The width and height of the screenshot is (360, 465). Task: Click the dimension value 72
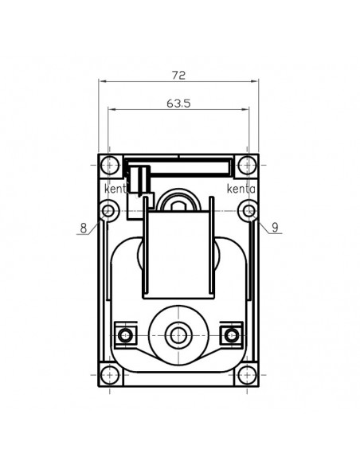pos(178,75)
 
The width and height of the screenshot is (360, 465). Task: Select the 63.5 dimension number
pos(178,103)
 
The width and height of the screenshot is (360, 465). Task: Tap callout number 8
pos(83,228)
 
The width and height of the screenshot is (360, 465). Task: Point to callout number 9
pos(275,228)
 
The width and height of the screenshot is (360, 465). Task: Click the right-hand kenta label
pos(241,190)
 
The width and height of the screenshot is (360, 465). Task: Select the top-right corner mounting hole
pos(248,166)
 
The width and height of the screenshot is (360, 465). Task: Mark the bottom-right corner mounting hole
pos(248,376)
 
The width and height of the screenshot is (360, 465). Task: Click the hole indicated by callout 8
pos(108,211)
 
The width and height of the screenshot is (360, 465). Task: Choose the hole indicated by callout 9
pos(249,211)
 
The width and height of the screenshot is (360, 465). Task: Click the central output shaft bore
pos(178,332)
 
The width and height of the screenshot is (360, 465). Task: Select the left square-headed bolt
pos(123,332)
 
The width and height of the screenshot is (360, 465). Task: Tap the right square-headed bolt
pos(233,332)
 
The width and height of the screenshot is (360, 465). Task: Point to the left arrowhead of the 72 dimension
pos(101,81)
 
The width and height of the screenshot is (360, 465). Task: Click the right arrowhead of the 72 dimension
pos(256,81)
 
